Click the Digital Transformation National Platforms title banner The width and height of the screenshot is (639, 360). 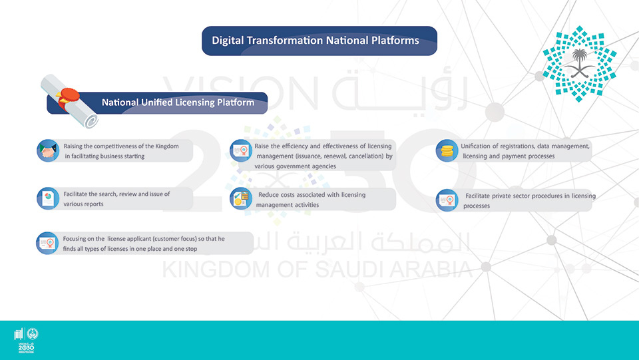319,41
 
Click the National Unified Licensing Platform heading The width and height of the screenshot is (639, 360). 178,102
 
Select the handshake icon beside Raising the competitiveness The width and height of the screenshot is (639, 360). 48,150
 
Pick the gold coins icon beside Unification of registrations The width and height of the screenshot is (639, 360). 447,150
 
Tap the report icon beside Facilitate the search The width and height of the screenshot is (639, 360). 48,199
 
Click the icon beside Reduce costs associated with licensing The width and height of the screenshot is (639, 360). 241,199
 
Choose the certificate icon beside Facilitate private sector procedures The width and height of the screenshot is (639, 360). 447,200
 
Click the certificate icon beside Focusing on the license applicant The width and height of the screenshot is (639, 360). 47,243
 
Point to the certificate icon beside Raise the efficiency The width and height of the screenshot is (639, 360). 241,150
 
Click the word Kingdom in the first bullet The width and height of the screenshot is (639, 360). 167,146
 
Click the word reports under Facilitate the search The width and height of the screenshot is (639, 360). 93,204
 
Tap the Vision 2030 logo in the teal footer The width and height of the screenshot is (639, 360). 26,340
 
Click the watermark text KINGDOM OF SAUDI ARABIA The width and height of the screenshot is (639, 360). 318,270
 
